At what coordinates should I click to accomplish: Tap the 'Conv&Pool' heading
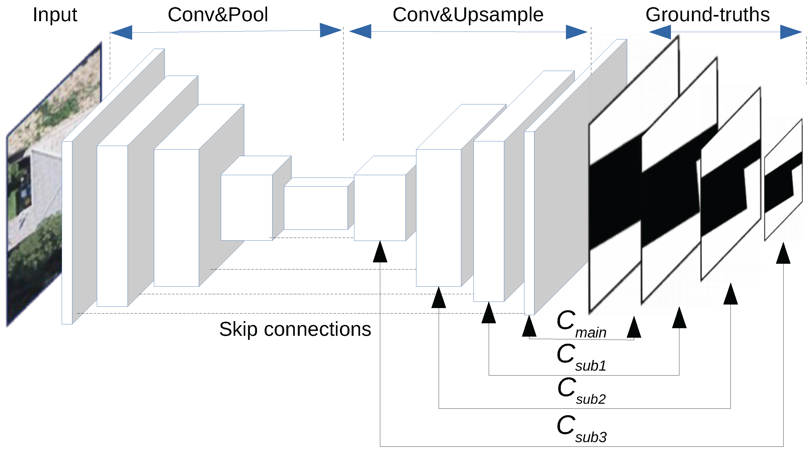point(218,14)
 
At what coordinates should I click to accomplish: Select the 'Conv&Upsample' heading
point(468,14)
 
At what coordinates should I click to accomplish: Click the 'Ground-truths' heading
point(707,14)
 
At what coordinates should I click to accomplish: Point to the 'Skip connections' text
point(295,329)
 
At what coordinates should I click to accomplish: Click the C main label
point(581,324)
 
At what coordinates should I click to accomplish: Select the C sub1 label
point(581,357)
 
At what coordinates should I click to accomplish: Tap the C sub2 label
point(581,391)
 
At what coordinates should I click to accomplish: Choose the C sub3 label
point(581,429)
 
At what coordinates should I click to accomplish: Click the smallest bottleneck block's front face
point(315,208)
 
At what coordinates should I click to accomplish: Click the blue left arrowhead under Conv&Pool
point(122,32)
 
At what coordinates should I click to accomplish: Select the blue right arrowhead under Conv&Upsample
point(576,32)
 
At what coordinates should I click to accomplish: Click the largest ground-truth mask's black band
point(614,195)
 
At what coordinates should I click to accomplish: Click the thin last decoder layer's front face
point(529,224)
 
